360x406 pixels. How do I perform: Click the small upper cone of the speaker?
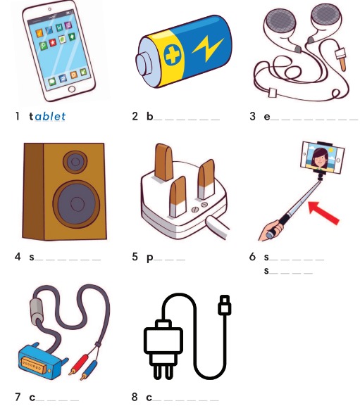tap(73, 163)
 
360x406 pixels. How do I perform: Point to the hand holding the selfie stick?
tap(273, 231)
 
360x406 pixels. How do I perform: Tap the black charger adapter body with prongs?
tap(160, 341)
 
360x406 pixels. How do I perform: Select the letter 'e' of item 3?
tap(267, 117)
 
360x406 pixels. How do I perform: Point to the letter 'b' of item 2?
tap(149, 116)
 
